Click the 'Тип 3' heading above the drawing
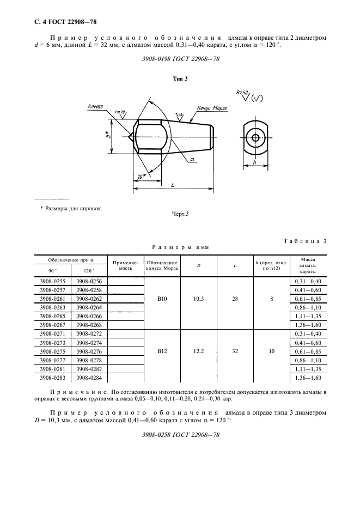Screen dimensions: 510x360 [180, 79]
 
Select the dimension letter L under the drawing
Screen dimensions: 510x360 [173, 185]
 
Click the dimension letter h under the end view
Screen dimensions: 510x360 [255, 163]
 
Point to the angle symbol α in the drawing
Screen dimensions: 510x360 [193, 159]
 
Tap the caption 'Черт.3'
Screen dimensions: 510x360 [180, 214]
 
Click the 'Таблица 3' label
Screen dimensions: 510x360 [306, 241]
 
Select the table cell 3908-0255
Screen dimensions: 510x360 [53, 281]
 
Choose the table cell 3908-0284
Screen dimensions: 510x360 [89, 378]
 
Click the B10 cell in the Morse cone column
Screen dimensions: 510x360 [162, 299]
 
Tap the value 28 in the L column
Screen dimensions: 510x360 [235, 299]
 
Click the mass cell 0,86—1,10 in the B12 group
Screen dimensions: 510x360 [308, 360]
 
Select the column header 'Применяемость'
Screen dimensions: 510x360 [126, 265]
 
